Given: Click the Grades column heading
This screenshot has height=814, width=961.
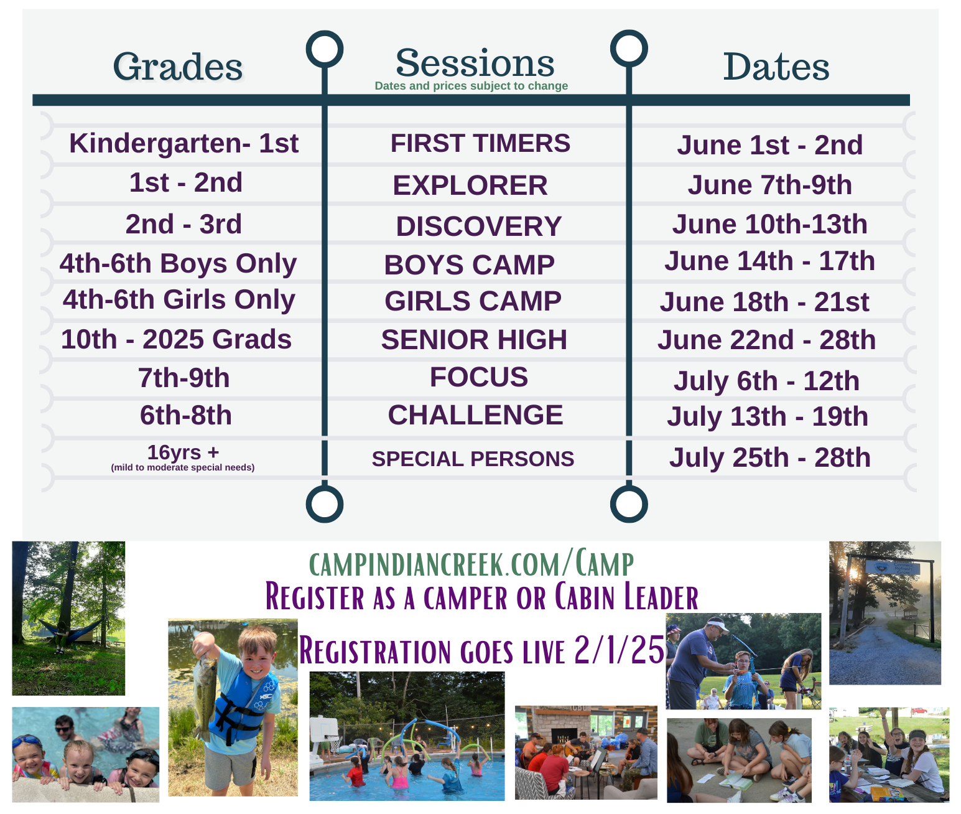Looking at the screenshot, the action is [x=178, y=67].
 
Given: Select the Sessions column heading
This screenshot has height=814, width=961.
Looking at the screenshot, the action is [x=475, y=63].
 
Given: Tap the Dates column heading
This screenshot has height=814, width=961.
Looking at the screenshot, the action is [x=776, y=67].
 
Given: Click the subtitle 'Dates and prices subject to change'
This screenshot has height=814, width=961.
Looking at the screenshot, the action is [x=471, y=86].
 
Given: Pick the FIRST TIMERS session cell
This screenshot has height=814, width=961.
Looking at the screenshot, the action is [x=480, y=143].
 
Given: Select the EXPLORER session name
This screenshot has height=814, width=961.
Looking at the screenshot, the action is [x=470, y=185].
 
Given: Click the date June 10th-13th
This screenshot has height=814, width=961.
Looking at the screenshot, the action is [x=769, y=224].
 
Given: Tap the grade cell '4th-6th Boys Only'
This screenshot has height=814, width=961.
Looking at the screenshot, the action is [x=178, y=264].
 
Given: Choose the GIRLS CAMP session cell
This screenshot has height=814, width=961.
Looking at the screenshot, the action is [x=473, y=301].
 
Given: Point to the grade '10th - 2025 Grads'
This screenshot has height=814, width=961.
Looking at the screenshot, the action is [x=176, y=339].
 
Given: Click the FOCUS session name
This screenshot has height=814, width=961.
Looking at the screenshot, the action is [x=478, y=377].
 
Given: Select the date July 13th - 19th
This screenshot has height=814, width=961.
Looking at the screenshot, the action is [x=768, y=417].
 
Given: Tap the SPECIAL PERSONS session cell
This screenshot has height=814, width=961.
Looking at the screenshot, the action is [x=473, y=459].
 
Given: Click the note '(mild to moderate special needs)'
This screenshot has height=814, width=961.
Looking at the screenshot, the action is [x=183, y=467].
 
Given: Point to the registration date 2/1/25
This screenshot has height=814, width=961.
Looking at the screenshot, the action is [x=620, y=650].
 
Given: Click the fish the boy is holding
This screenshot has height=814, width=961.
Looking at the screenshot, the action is [x=205, y=688].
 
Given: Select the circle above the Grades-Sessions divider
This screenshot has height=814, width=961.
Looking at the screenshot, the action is [x=325, y=49].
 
